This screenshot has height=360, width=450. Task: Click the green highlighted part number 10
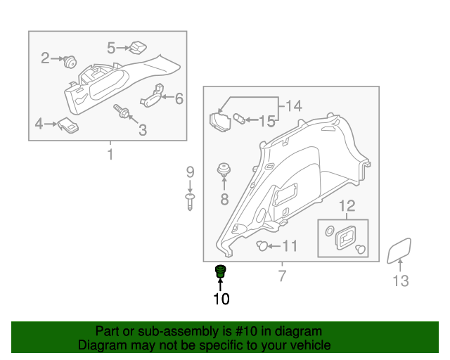tap(220, 271)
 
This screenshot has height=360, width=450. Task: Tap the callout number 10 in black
tap(221, 299)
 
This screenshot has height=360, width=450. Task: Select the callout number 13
tap(400, 281)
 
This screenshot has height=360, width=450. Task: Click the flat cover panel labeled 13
tap(399, 250)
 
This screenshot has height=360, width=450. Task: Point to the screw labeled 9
tap(190, 202)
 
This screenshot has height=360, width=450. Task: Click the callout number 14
tap(294, 105)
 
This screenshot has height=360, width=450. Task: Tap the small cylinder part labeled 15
tap(239, 119)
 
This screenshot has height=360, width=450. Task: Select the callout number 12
tap(347, 205)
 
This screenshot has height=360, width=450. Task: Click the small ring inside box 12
tap(330, 231)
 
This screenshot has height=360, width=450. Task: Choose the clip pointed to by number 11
tap(262, 245)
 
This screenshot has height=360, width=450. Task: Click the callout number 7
tap(283, 276)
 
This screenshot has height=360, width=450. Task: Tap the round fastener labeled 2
tap(70, 62)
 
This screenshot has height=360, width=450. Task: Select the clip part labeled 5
tap(138, 48)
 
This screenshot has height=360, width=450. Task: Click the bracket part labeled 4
tap(68, 125)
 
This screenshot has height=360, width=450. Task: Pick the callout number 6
tap(179, 98)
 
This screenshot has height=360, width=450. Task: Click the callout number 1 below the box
tap(110, 155)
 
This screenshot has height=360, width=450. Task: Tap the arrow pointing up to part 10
tap(220, 285)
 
